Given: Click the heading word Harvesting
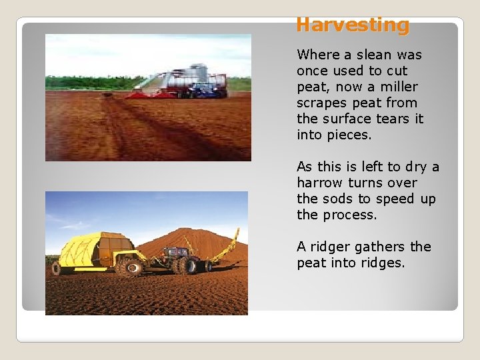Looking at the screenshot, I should click(353, 25).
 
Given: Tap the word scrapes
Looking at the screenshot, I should click(323, 103).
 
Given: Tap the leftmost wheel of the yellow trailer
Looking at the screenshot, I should click(57, 269).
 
